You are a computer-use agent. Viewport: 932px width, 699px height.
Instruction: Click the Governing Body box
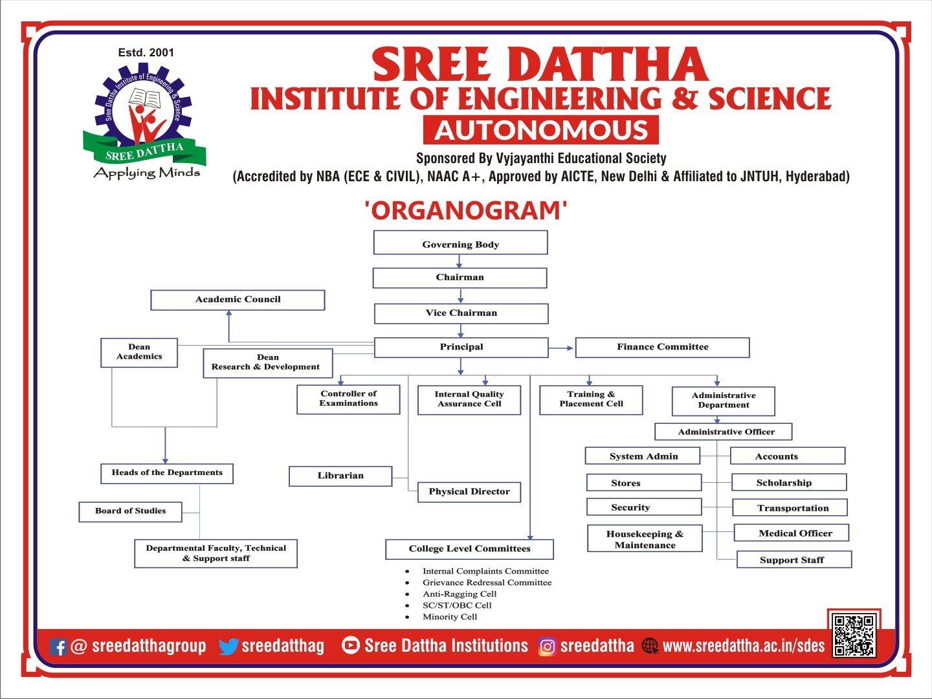point(460,242)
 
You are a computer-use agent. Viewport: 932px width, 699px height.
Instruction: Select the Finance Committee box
point(662,347)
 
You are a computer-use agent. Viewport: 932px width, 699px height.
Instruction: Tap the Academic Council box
point(238,300)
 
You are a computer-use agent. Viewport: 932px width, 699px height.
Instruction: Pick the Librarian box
point(340,476)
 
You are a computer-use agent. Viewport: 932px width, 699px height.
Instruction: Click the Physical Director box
point(469,492)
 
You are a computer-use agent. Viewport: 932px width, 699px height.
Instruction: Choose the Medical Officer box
point(792,533)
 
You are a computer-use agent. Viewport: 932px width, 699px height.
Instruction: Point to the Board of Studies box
point(130,511)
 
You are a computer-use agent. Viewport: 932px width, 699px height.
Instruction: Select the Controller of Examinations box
point(348,399)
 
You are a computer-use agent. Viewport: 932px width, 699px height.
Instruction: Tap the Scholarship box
point(790,482)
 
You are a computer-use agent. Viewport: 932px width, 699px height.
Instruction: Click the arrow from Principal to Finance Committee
point(561,348)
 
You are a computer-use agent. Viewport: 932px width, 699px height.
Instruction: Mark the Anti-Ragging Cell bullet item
point(451,594)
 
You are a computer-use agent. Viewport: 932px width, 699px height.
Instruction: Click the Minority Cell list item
point(441,617)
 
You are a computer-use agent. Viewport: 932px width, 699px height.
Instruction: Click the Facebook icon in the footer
point(58,647)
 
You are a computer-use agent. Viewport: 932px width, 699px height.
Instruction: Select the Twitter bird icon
point(229,647)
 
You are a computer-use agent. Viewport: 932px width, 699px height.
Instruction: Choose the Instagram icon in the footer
point(548,647)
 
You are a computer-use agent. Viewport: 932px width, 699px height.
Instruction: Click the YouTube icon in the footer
point(351,645)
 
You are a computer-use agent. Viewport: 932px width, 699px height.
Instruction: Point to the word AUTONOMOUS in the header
point(541,130)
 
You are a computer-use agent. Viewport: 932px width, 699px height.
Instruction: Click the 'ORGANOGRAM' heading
point(466,210)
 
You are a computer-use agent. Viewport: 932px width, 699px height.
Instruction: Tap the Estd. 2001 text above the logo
point(146,52)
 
